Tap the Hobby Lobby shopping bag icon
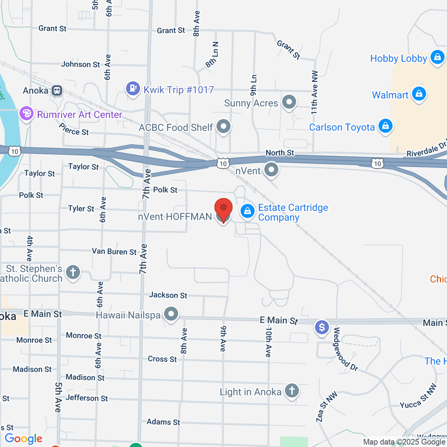pyautogui.click(x=437, y=57)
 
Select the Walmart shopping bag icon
pyautogui.click(x=419, y=94)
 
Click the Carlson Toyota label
pyautogui.click(x=342, y=127)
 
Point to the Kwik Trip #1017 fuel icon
pyautogui.click(x=133, y=89)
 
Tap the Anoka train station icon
pyautogui.click(x=57, y=91)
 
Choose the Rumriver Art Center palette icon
pyautogui.click(x=26, y=114)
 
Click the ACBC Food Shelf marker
pyautogui.click(x=223, y=127)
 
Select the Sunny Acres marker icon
pyautogui.click(x=289, y=102)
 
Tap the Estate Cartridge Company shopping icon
pyautogui.click(x=247, y=211)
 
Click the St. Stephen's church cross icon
pyautogui.click(x=73, y=272)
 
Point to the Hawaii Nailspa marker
pyautogui.click(x=171, y=314)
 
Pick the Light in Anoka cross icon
pyautogui.click(x=292, y=391)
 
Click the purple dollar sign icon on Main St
pyautogui.click(x=322, y=328)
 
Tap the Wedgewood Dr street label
pyautogui.click(x=345, y=349)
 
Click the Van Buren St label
pyautogui.click(x=114, y=251)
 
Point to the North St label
pyautogui.click(x=280, y=153)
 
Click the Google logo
pyautogui.click(x=23, y=439)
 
